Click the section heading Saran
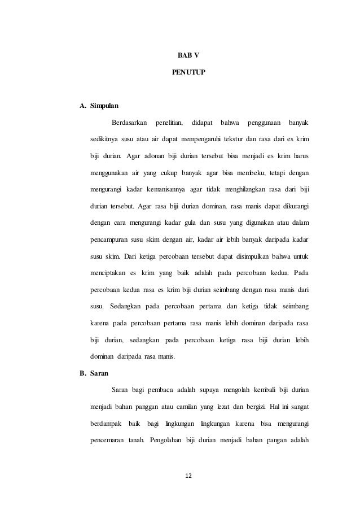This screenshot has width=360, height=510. coord(97,373)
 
